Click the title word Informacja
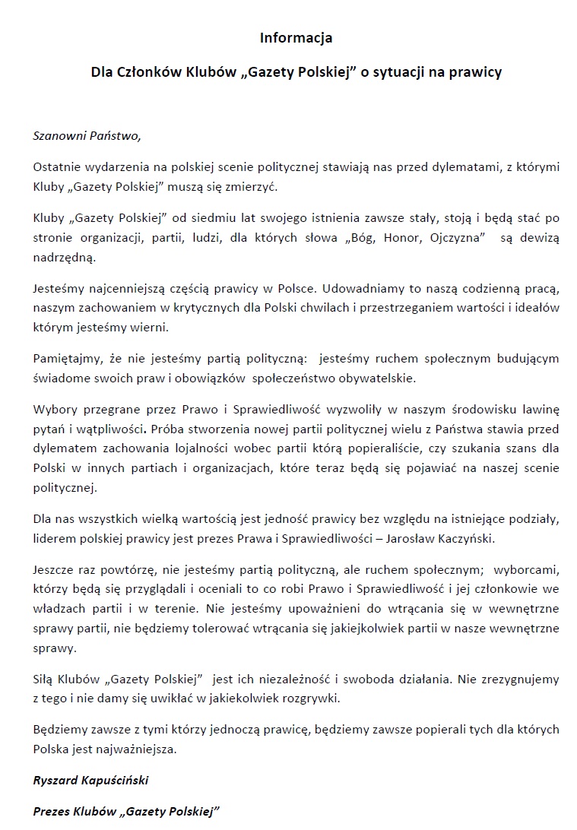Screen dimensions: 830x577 (x=296, y=37)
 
